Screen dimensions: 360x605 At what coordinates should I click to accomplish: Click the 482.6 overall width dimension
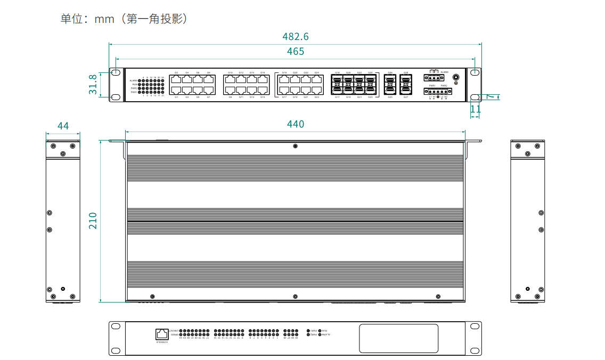[x=295, y=37]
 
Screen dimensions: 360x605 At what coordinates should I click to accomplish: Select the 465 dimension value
[x=295, y=52]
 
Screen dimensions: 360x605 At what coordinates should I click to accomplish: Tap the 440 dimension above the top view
[x=295, y=124]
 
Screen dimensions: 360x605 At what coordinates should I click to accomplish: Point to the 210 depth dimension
[x=93, y=220]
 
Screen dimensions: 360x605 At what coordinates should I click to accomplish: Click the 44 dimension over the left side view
[x=63, y=126]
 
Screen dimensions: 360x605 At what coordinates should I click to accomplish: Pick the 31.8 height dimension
[x=93, y=84]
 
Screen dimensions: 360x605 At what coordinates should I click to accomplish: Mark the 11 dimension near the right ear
[x=476, y=109]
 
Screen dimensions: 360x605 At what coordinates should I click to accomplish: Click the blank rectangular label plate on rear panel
[x=398, y=339]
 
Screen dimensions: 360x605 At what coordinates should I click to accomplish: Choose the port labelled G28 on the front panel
[x=406, y=80]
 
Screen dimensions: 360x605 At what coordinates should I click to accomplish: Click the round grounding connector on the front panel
[x=456, y=77]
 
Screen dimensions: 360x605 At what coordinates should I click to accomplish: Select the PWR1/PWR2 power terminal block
[x=437, y=91]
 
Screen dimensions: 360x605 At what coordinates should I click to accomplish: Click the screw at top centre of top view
[x=295, y=146]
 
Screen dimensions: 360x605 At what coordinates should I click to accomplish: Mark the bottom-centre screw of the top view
[x=295, y=296]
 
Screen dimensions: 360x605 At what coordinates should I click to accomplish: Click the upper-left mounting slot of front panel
[x=115, y=72]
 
